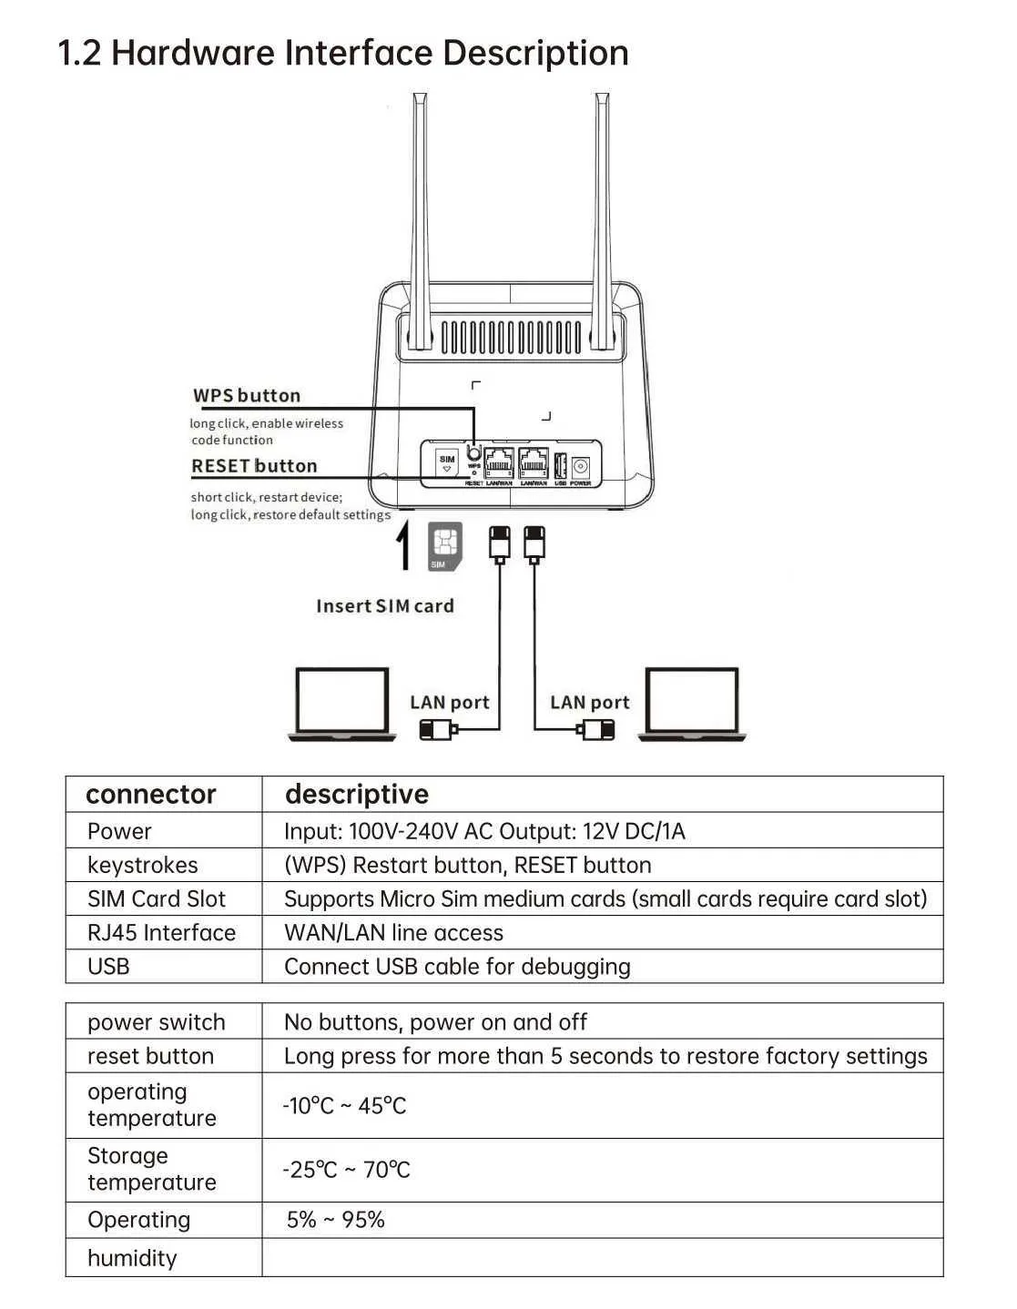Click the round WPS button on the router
473,452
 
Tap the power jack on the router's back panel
580,466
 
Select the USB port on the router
561,465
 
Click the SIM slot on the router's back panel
446,462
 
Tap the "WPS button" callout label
247,396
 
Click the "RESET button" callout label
254,466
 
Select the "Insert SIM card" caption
384,606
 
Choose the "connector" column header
151,795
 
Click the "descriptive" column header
356,795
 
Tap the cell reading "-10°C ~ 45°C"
344,1106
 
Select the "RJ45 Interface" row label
161,933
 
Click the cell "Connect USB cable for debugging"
457,967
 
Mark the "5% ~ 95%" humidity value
335,1220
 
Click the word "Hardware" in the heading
193,53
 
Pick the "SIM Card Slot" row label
157,899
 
